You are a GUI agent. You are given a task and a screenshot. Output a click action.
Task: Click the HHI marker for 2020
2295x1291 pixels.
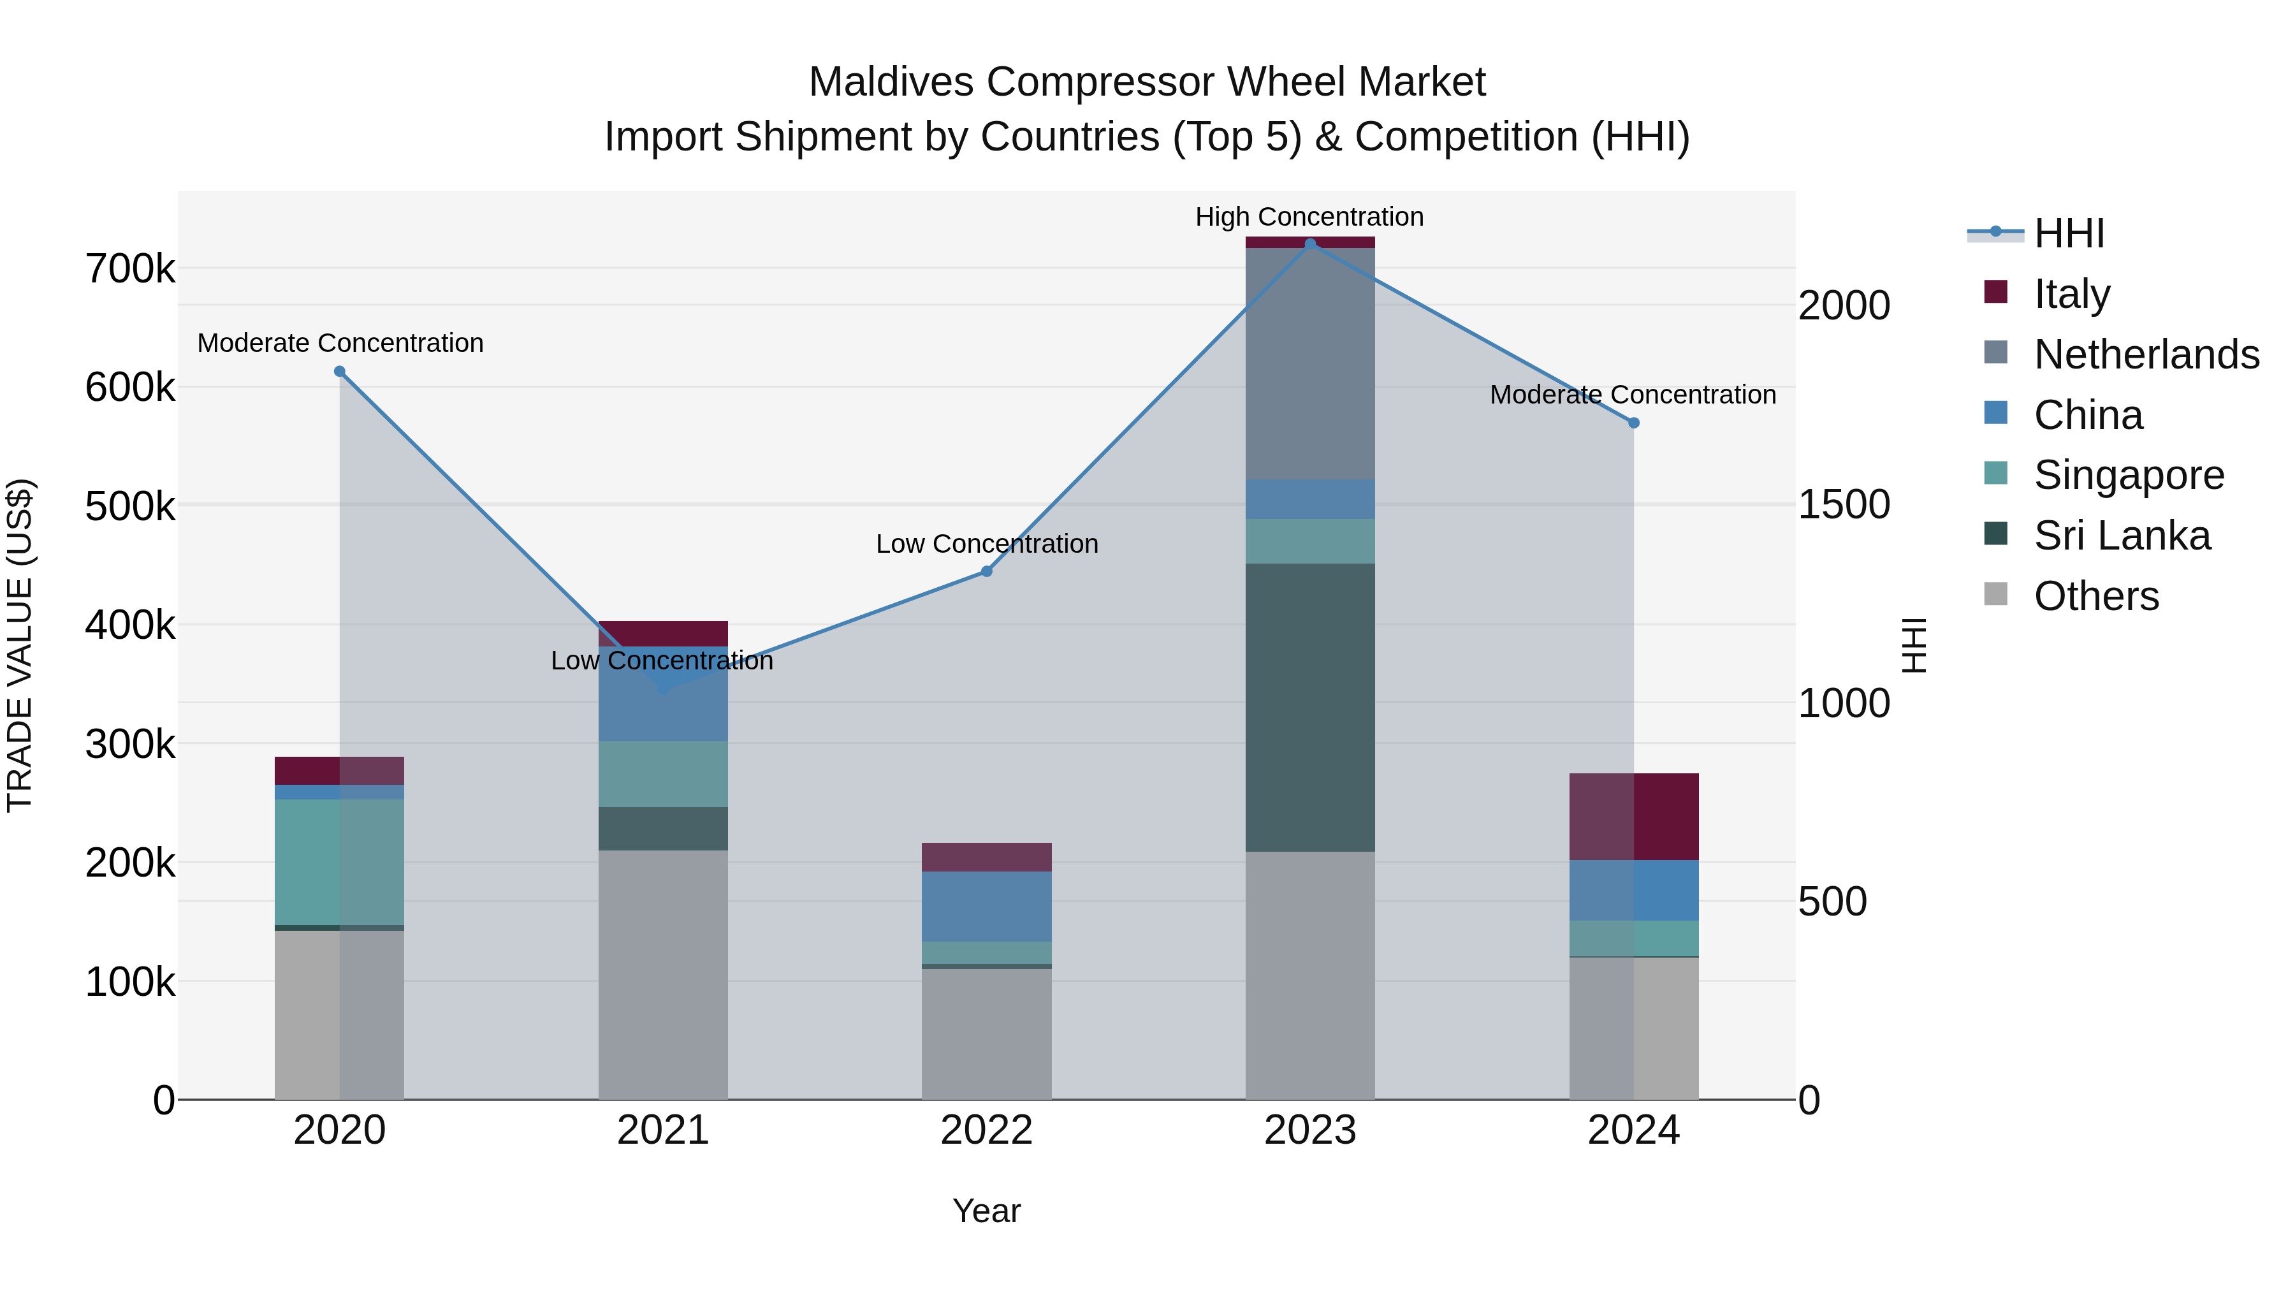pos(339,372)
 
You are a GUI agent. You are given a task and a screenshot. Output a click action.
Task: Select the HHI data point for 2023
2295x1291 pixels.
pos(1309,244)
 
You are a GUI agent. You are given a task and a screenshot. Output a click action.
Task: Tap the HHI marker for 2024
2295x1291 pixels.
pos(1634,423)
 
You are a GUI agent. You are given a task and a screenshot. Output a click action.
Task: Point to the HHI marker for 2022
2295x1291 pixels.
pos(986,571)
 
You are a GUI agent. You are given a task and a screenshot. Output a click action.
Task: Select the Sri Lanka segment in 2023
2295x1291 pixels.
pos(1309,708)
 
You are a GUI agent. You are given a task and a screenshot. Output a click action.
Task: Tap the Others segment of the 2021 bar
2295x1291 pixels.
pos(663,975)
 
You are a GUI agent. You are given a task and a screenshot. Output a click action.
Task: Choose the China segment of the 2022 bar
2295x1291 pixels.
pos(986,906)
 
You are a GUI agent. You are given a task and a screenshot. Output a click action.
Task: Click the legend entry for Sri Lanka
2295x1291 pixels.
pos(2120,536)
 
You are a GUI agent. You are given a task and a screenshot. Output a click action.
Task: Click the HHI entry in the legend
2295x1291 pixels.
pos(2068,233)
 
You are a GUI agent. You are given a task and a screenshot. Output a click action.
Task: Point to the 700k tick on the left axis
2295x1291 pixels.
pos(130,269)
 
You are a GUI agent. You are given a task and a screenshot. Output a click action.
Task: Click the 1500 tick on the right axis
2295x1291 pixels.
pos(1843,505)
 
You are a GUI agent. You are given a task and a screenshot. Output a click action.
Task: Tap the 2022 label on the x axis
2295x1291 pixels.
pos(986,1130)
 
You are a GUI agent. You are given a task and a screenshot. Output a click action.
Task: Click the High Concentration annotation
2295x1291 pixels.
pos(1309,217)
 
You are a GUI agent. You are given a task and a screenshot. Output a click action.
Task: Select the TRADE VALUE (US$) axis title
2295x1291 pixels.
pos(20,645)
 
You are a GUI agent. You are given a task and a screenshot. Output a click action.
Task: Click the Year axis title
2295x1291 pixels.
pos(986,1211)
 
